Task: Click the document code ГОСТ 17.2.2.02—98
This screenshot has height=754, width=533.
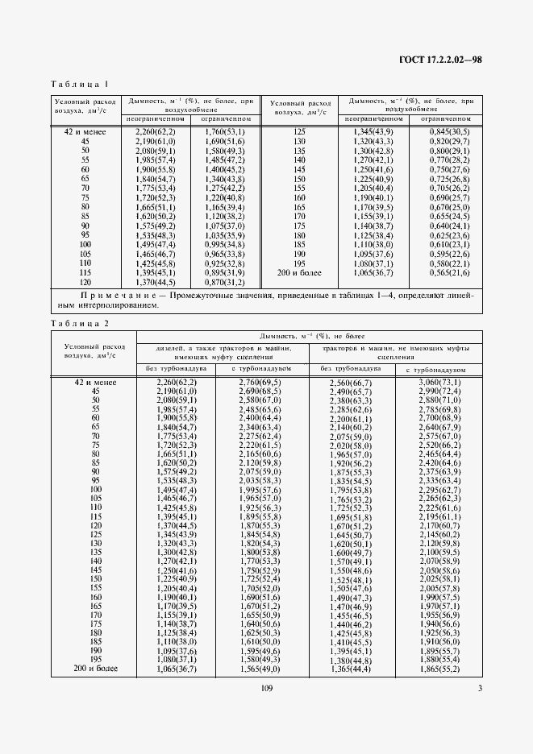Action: [439, 60]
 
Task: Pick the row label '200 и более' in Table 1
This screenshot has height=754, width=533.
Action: [299, 272]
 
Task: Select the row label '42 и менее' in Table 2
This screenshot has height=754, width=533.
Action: [95, 381]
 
